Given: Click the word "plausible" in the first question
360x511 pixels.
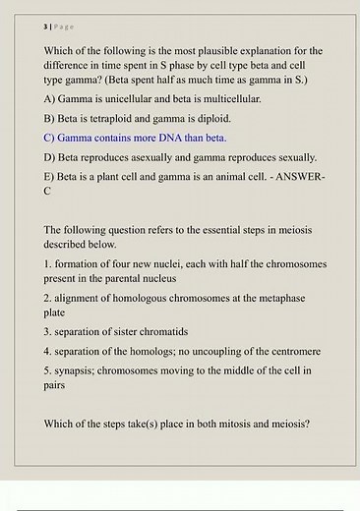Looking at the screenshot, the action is (227, 49).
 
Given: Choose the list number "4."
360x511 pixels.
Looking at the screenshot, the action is (48, 350).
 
